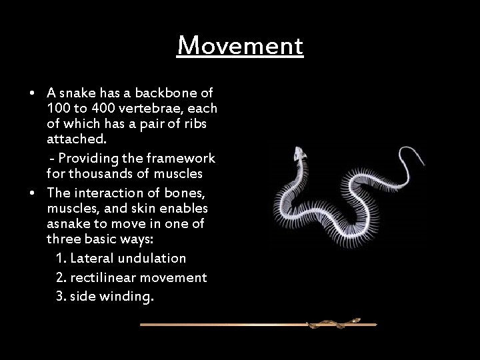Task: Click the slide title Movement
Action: (240, 46)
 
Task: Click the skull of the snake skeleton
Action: (301, 156)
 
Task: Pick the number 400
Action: (105, 108)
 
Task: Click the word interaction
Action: (105, 193)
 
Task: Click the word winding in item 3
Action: (126, 296)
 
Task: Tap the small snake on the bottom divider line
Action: (333, 324)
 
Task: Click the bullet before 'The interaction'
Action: (32, 193)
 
